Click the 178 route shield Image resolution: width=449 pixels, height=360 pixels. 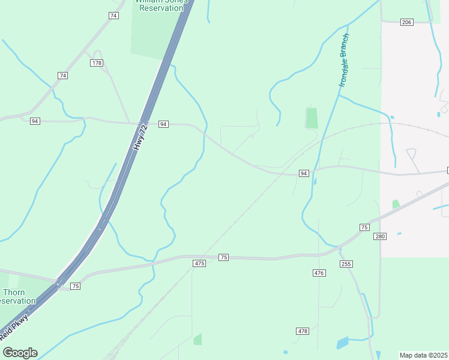coord(97,63)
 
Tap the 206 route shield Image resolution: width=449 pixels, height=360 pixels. coord(406,22)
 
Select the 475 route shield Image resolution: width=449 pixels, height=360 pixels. coord(200,263)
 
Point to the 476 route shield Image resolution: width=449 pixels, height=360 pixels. coord(319,273)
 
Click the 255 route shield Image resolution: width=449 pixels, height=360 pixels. coord(346,263)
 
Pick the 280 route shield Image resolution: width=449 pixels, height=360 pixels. coord(380,236)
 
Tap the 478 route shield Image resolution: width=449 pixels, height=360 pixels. coord(303,331)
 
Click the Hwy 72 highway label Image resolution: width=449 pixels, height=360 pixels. coord(140,137)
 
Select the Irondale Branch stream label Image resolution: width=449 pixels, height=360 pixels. coord(344,60)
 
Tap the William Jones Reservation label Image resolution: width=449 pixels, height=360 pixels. coord(161,4)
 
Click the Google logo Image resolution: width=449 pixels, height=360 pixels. coord(20,353)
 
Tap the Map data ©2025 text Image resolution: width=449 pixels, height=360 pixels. coord(424,355)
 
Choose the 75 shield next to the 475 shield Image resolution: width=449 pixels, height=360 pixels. coord(223,257)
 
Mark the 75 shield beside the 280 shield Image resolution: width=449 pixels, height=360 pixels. coord(364,227)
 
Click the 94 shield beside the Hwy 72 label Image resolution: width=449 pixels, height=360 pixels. coord(163,124)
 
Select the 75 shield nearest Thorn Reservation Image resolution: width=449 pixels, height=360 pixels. coord(75,286)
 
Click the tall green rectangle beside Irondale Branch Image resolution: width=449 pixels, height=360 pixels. coord(312,118)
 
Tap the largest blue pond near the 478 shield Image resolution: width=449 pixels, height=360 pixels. coord(342,343)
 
